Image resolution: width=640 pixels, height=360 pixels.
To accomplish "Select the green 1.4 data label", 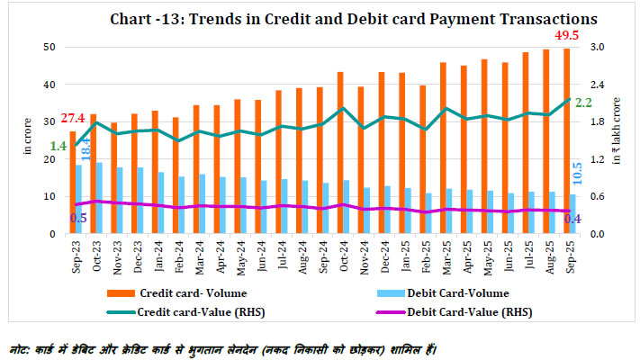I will point(59,146).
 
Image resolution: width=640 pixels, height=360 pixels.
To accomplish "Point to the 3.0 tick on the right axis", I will point(596,47).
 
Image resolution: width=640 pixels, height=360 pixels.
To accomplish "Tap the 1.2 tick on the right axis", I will point(596,158).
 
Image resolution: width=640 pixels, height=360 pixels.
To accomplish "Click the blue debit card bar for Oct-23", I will point(98,198).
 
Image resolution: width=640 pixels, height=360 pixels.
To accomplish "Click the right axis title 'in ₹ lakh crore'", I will point(618,140).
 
